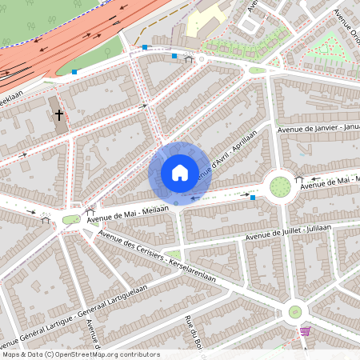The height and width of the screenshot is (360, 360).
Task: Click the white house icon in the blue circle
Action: point(180,173)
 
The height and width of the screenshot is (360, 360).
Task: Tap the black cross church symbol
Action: point(58,115)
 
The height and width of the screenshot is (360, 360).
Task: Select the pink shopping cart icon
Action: point(305,330)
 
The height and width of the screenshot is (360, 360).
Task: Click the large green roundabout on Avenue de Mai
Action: point(280,186)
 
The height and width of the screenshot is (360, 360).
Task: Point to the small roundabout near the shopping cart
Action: point(294,311)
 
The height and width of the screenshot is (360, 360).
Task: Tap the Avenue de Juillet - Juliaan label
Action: point(288,231)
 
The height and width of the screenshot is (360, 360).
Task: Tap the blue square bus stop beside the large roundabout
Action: point(253,197)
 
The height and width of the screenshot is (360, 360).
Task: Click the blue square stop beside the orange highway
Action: point(74,72)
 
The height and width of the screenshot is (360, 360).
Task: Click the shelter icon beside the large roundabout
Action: point(299,178)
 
